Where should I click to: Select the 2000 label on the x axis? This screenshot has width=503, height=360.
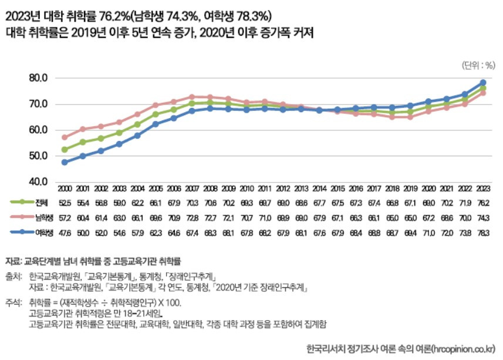[x=65, y=188]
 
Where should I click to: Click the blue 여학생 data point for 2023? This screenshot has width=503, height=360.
[x=482, y=83]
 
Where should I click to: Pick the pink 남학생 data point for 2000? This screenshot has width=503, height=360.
[x=65, y=137]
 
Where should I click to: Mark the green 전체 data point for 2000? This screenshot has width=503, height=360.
[x=65, y=150]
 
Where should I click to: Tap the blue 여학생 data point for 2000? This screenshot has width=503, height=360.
[x=65, y=162]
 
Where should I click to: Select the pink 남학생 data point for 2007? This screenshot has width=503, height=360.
[x=192, y=97]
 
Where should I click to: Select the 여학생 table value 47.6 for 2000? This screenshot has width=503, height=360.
[x=65, y=233]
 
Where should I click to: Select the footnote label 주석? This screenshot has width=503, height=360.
[x=15, y=303]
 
